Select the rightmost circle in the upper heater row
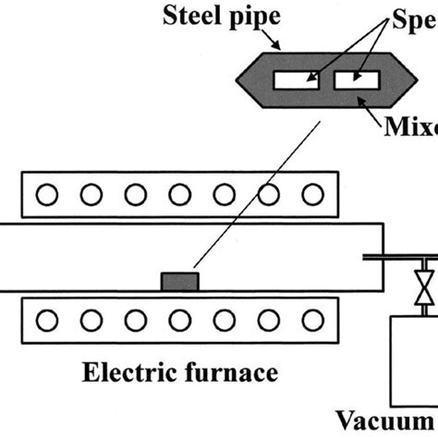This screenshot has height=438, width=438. pos(314,195)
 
